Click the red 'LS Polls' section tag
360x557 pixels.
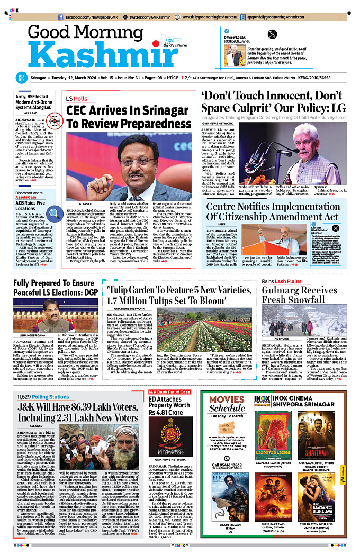tap(77, 99)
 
